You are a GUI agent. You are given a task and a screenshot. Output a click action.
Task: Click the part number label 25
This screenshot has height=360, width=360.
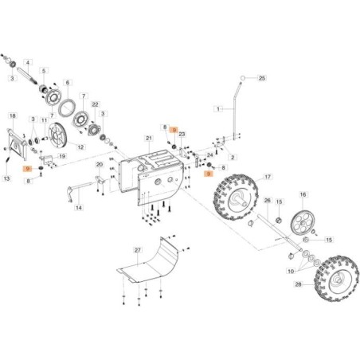point(261,77)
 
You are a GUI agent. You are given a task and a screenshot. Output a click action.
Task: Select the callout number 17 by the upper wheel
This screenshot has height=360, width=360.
point(268,177)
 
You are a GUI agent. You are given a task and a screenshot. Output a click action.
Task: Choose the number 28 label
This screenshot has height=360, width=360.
point(298,284)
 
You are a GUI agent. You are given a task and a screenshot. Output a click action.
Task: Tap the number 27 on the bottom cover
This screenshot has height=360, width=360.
point(137,250)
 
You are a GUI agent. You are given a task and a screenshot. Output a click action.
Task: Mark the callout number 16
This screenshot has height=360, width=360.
point(303,194)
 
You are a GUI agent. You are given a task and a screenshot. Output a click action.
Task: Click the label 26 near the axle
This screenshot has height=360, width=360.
point(268,201)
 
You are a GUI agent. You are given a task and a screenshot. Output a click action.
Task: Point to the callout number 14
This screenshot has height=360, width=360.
point(78,208)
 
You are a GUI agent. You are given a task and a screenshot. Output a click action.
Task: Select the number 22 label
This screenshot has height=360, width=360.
point(95,104)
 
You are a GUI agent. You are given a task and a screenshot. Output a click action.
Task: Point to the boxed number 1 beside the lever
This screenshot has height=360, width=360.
point(217,108)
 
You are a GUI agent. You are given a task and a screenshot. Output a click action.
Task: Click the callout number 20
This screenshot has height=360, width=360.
point(99,165)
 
